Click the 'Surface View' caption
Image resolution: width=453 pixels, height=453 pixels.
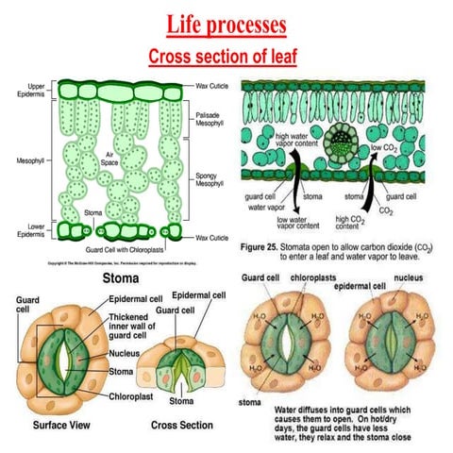pos(54,425)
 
